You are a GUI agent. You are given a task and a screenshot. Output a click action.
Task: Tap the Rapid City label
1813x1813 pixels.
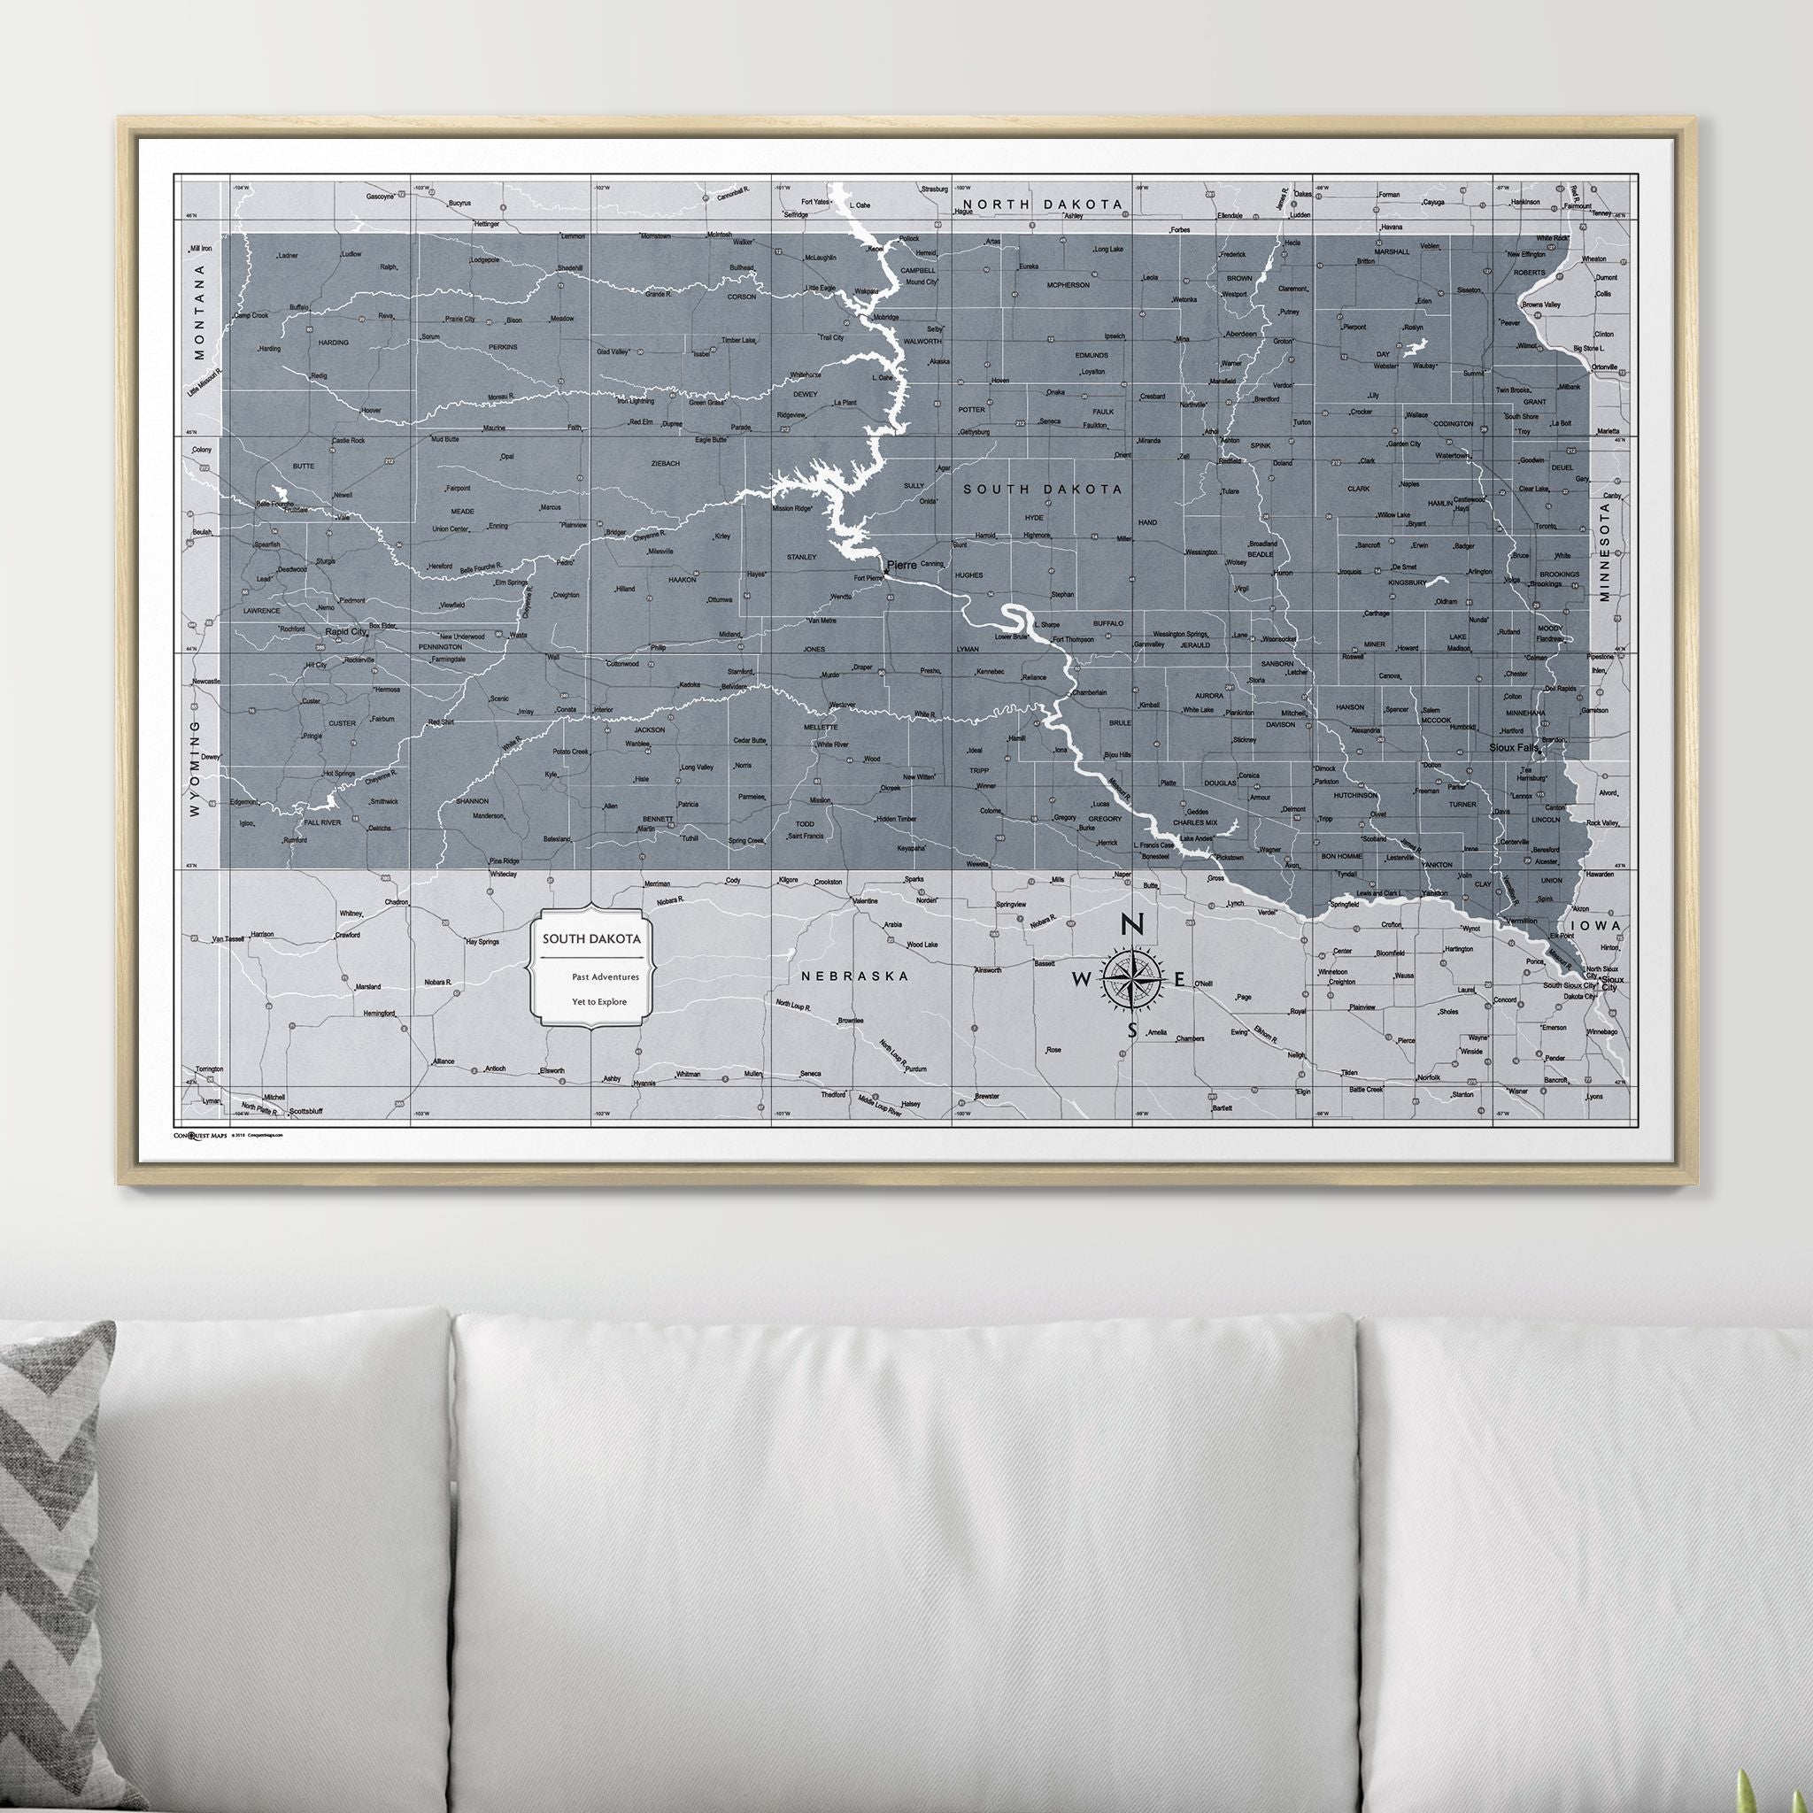[345, 632]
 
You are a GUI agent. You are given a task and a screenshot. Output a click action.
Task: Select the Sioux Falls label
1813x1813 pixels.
[1515, 748]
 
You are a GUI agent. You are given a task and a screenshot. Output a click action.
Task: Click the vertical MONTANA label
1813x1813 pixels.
[198, 312]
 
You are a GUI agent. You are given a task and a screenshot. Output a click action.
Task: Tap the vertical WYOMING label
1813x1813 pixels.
[195, 768]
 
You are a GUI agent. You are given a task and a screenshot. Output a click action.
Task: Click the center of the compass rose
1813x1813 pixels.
[1131, 979]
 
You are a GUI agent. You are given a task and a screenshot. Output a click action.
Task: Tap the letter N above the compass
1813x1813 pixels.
[1132, 925]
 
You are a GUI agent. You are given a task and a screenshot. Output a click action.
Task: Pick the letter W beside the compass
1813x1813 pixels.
[1082, 980]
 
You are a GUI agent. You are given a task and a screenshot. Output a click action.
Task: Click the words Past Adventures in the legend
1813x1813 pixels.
[606, 977]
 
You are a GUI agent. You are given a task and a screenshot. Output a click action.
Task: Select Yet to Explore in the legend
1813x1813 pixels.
[599, 1001]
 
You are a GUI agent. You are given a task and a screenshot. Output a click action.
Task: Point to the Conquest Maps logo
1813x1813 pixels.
[200, 1135]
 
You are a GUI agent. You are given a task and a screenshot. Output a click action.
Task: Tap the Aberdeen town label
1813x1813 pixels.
[1240, 334]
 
